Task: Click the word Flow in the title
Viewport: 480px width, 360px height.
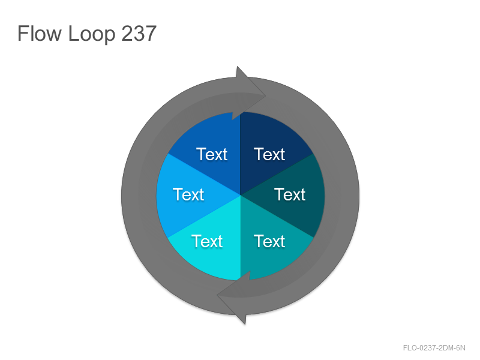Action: (40, 34)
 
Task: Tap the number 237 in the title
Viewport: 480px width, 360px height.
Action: (139, 34)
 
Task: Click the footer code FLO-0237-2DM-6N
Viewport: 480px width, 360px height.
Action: (434, 348)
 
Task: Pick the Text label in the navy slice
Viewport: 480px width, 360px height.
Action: (269, 154)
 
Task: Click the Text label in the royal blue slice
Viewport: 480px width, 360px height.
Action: (212, 154)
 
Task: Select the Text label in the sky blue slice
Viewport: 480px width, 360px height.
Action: (188, 194)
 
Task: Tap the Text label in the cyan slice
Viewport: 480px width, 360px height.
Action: (207, 241)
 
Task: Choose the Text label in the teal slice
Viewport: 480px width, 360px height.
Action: (269, 241)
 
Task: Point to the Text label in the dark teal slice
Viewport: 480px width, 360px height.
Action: (290, 194)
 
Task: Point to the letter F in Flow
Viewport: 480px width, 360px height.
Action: (22, 34)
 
